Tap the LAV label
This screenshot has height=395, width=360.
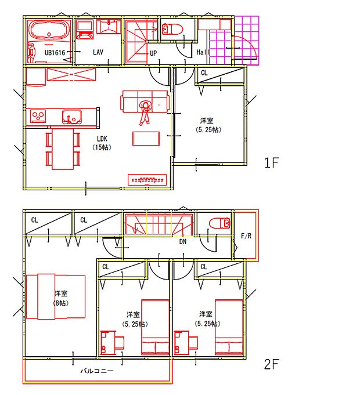pyautogui.click(x=98, y=52)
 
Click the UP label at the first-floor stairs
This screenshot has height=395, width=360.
pyautogui.click(x=154, y=53)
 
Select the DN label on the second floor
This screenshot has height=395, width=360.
pyautogui.click(x=182, y=241)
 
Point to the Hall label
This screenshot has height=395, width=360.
pyautogui.click(x=203, y=52)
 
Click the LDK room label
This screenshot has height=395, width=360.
pyautogui.click(x=102, y=139)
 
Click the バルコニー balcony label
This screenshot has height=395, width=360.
pyautogui.click(x=96, y=370)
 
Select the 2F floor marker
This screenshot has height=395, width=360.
pyautogui.click(x=272, y=365)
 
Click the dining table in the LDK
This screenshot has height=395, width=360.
pyautogui.click(x=63, y=148)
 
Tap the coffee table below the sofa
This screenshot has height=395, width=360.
pyautogui.click(x=146, y=139)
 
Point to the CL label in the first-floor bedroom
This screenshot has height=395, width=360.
pyautogui.click(x=204, y=74)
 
